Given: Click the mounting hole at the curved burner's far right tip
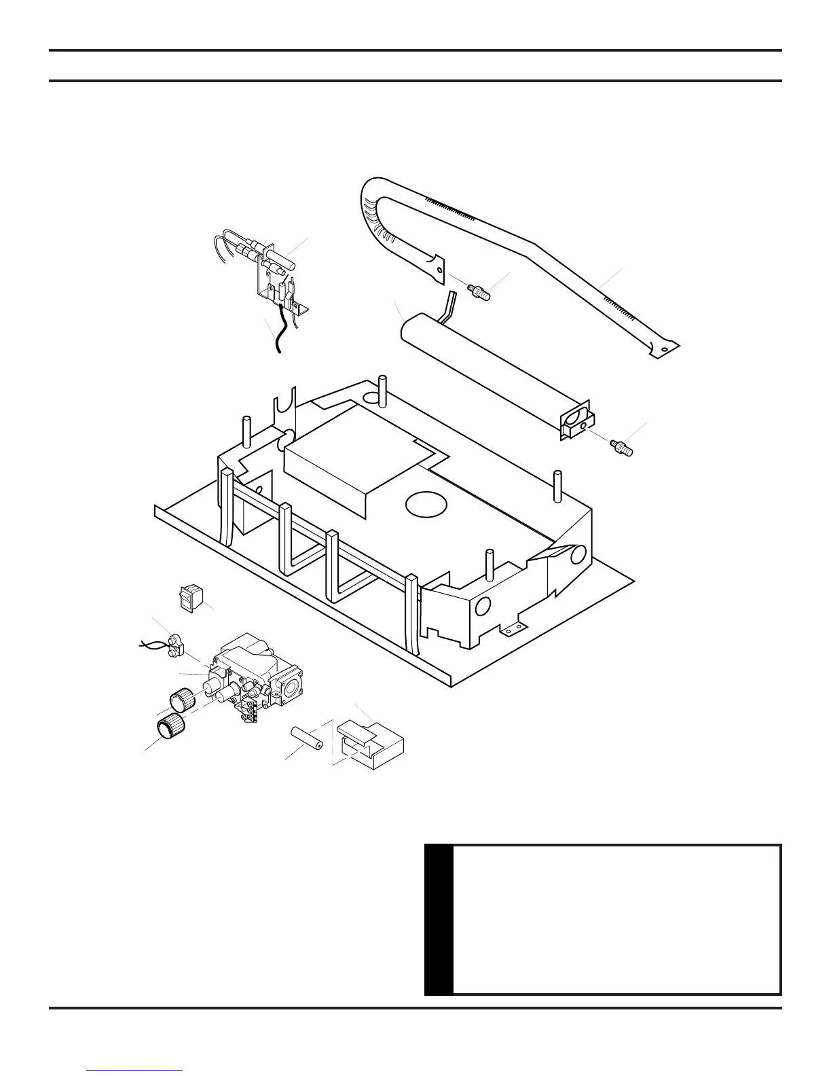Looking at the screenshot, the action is [x=664, y=350].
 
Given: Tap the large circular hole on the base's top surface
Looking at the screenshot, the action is [x=426, y=503].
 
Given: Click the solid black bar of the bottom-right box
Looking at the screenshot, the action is [x=438, y=919].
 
